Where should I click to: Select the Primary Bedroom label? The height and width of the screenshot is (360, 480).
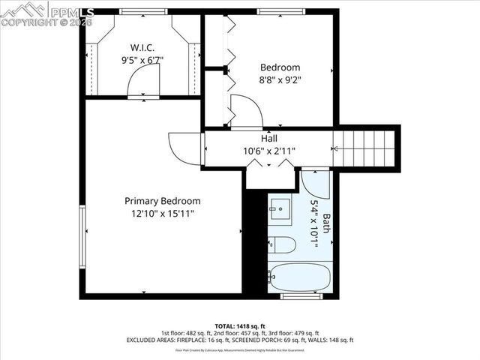(x=163, y=201)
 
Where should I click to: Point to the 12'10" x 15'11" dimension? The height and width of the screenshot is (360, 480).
(x=163, y=213)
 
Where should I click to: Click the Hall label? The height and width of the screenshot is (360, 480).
(x=269, y=139)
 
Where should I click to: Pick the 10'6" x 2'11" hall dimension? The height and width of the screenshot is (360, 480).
(x=269, y=151)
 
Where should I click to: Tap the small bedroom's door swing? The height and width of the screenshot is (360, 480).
(x=245, y=110)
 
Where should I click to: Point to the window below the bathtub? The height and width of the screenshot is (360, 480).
(x=300, y=296)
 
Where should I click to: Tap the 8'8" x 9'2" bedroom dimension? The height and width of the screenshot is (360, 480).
(x=280, y=79)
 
